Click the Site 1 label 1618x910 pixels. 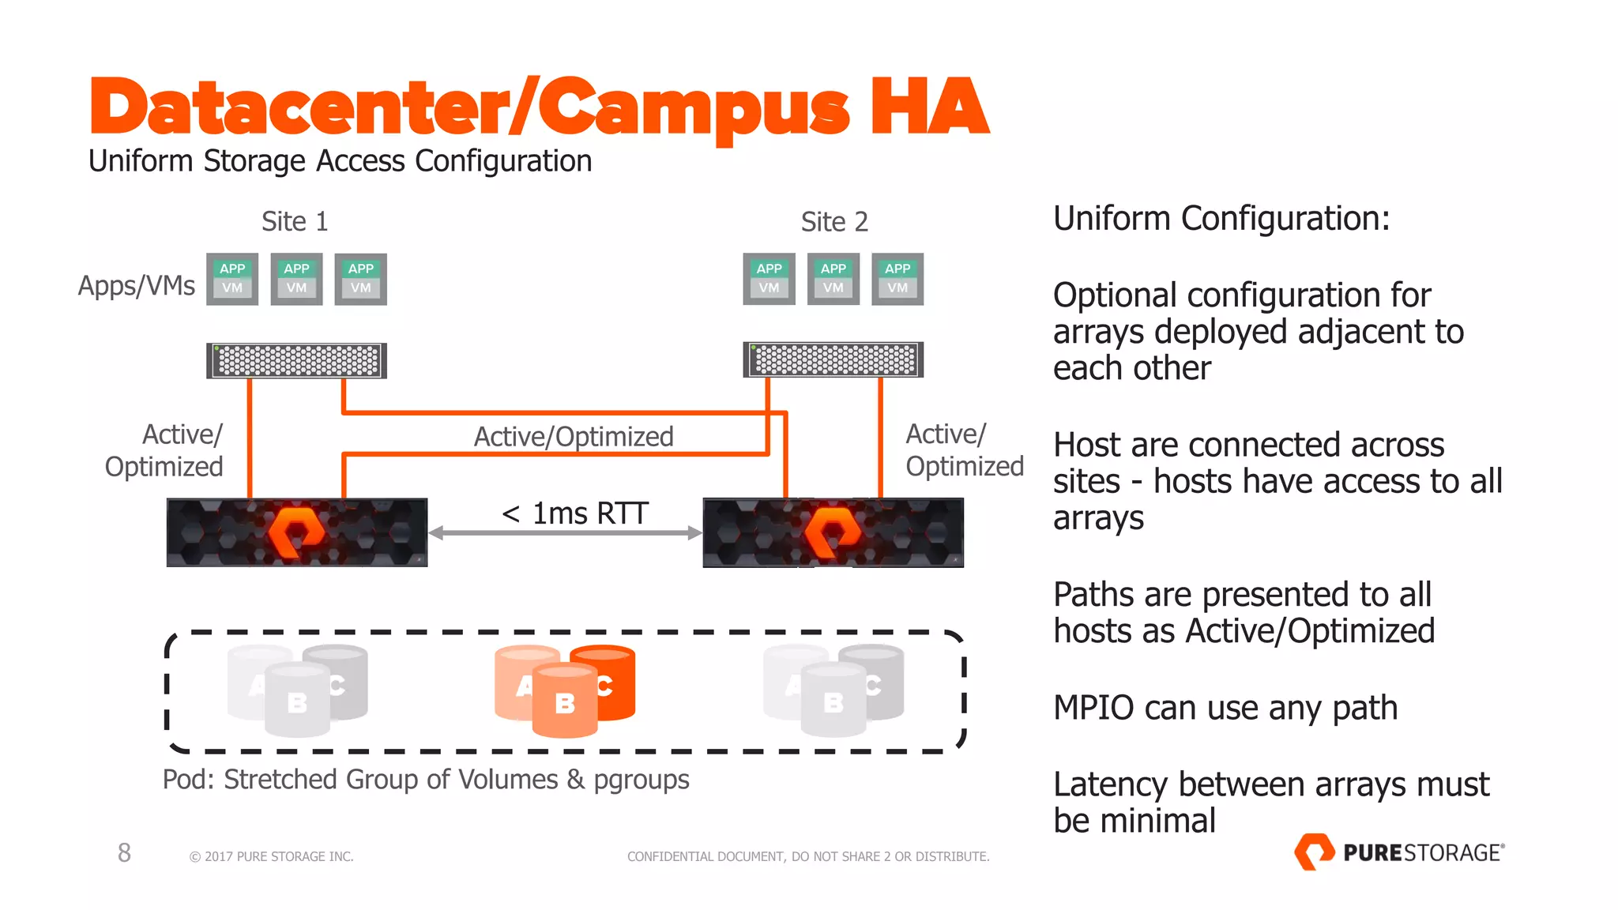pyautogui.click(x=294, y=221)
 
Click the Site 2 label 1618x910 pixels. pyautogui.click(x=833, y=222)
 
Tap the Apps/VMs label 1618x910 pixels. pyautogui.click(x=136, y=285)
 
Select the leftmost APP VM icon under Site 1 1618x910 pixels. pyautogui.click(x=232, y=279)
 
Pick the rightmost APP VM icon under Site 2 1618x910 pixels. pyautogui.click(x=897, y=279)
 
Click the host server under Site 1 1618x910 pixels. pyautogui.click(x=296, y=361)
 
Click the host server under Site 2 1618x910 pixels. pyautogui.click(x=833, y=360)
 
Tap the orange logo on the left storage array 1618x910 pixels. pyautogui.click(x=296, y=532)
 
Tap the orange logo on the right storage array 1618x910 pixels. pyautogui.click(x=833, y=532)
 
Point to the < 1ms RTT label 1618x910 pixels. pyautogui.click(x=575, y=513)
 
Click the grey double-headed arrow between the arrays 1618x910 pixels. pyautogui.click(x=565, y=533)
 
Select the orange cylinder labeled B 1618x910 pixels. pyautogui.click(x=565, y=702)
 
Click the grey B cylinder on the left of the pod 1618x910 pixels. pyautogui.click(x=297, y=701)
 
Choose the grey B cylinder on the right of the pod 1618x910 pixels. pyautogui.click(x=833, y=701)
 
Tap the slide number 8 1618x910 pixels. pyautogui.click(x=124, y=852)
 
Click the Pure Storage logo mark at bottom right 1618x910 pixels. pyautogui.click(x=1314, y=852)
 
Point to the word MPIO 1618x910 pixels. pyautogui.click(x=1093, y=708)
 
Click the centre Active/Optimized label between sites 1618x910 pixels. pyautogui.click(x=574, y=436)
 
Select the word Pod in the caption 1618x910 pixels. pyautogui.click(x=187, y=780)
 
